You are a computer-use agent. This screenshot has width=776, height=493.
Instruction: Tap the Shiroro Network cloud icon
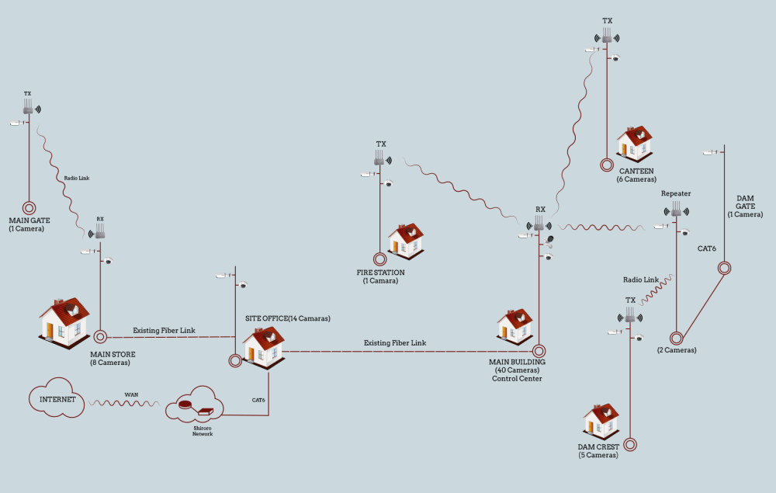pos(195,405)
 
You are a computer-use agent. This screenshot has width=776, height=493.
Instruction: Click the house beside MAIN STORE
pos(64,321)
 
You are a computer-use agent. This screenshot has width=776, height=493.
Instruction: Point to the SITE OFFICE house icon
pos(262,346)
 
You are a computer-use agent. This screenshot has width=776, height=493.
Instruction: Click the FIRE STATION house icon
pos(406,241)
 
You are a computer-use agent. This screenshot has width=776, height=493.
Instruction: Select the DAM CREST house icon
pos(601,420)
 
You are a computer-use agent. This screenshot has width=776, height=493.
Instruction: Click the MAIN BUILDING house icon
pos(514,327)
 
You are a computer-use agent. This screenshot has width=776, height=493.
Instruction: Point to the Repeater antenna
pos(676,209)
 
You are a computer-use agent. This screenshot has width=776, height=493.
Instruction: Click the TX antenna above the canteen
pos(608,36)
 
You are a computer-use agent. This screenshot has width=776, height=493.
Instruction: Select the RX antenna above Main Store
pos(99,231)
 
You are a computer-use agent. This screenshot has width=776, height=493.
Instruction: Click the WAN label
pos(132,395)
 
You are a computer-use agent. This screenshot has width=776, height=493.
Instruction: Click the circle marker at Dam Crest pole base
pos(630,445)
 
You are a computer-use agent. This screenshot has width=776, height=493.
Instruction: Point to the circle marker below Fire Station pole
pos(379,259)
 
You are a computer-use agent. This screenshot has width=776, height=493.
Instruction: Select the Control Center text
pos(517,379)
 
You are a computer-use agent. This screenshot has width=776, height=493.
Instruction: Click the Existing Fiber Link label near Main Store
pos(164,331)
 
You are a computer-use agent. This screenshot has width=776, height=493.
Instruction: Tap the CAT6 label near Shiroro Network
pos(258,401)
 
